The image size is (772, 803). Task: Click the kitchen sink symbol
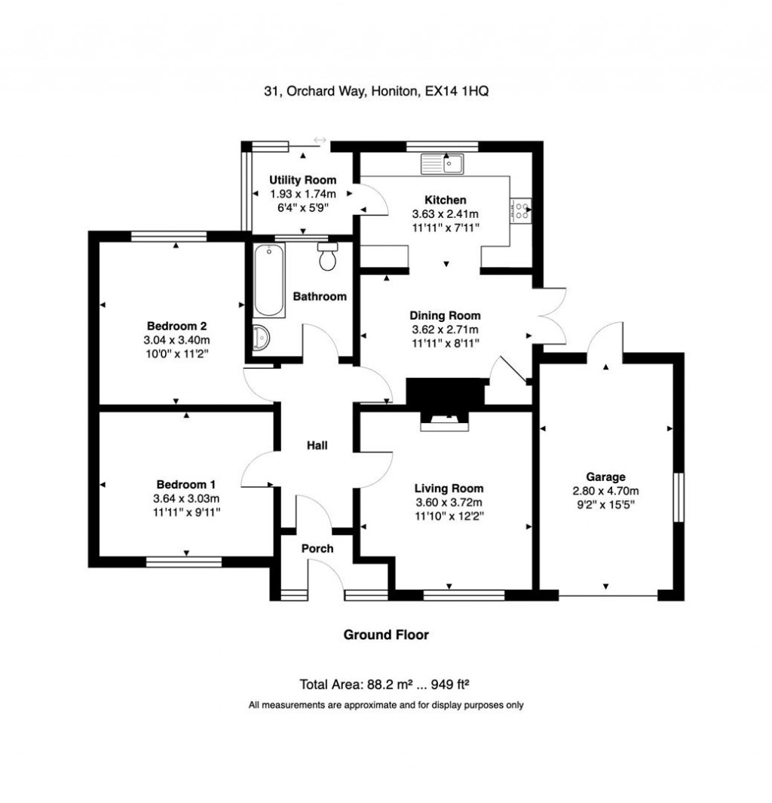point(445,163)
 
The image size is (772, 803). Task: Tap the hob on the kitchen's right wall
point(521,210)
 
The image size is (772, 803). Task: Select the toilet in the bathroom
point(328,257)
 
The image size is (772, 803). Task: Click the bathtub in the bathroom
point(269,280)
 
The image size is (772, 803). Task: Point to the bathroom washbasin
point(261,338)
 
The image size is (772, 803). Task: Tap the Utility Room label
point(303,180)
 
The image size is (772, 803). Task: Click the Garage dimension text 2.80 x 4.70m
point(606,491)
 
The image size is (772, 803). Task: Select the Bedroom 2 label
point(176,326)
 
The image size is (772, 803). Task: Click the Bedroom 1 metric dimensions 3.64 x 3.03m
point(186,498)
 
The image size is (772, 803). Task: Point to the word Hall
point(317,446)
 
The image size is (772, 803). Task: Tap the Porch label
point(317,548)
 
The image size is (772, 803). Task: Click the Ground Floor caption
point(386,635)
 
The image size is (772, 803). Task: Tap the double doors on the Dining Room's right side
point(549,317)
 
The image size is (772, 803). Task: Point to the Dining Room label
point(445,316)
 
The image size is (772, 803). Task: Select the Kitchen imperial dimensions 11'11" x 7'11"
point(445,227)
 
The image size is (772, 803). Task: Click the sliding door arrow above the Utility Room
point(320,140)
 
